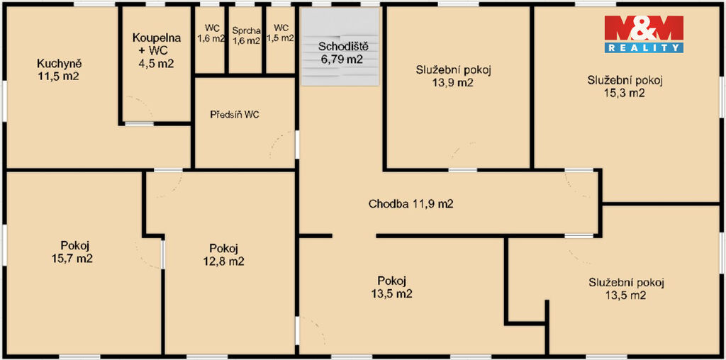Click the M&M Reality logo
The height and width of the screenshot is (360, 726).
point(644,34)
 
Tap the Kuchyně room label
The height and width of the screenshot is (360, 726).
point(58,69)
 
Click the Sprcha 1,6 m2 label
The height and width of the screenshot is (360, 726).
point(246,35)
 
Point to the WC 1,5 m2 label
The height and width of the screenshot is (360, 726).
point(281,33)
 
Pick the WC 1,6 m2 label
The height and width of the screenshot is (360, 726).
point(211,33)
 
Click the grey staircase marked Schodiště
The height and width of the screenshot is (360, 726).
point(340,47)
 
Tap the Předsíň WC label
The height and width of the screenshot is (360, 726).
point(235,115)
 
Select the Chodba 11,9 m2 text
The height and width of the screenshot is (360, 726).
point(411,204)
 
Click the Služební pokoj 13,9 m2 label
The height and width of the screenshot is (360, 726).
point(453,77)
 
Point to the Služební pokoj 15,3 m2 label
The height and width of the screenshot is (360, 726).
point(625,86)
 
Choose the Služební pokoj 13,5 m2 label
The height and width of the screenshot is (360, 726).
point(627,288)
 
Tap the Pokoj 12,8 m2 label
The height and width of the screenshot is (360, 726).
point(223,254)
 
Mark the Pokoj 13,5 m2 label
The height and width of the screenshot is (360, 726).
point(391,287)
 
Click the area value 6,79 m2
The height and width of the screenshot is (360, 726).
point(341,60)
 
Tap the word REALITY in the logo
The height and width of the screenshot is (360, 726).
point(644,47)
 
